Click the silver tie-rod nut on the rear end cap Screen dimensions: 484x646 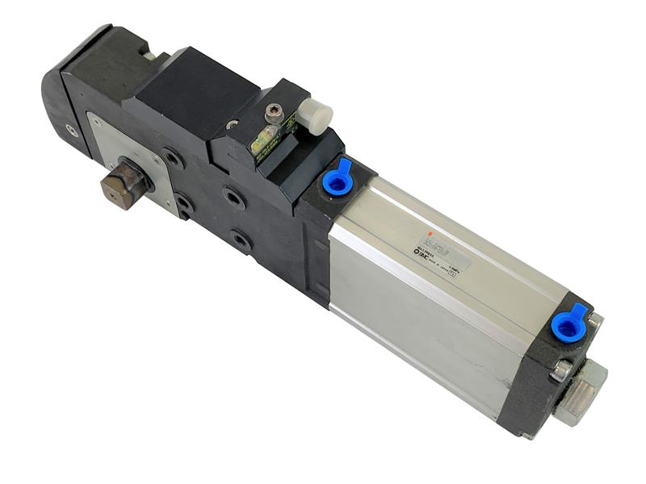coord(560,369)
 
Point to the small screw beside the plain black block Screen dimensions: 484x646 coord(232,124)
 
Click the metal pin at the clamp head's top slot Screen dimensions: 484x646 coord(149,55)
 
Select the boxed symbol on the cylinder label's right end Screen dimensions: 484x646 coord(453,274)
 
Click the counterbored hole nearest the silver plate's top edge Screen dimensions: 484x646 coord(172,156)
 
